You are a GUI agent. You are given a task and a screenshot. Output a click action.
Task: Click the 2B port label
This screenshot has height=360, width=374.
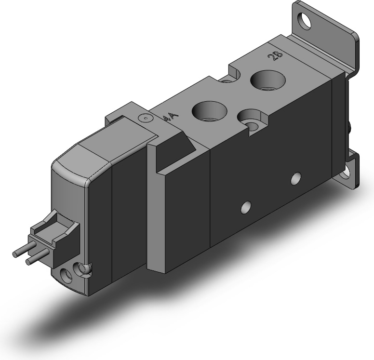275,56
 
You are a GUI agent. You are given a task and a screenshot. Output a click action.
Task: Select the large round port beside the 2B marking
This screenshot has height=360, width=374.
268,80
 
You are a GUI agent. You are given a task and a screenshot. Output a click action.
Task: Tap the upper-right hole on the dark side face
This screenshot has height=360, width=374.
296,178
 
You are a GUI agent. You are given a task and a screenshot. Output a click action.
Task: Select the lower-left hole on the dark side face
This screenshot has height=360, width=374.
246,207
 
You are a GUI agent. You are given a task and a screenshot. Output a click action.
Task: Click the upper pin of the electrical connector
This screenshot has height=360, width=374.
24,249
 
